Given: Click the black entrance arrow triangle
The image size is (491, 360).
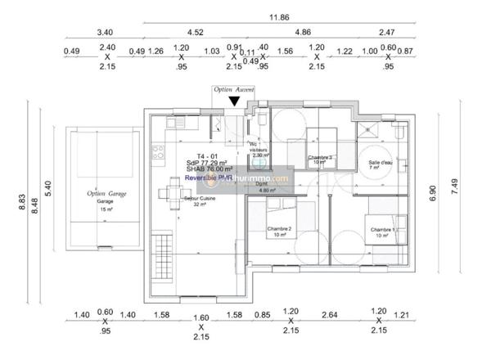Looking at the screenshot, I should point(234,101).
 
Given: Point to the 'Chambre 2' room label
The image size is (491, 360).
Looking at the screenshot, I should point(280,231).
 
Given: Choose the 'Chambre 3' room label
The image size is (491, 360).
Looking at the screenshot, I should point(319,159).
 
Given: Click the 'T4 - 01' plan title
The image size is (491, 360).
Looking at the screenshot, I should point(207,155).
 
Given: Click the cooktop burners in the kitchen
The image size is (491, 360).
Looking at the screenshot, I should point(157,153).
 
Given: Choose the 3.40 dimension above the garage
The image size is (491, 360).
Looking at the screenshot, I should point(105,34).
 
